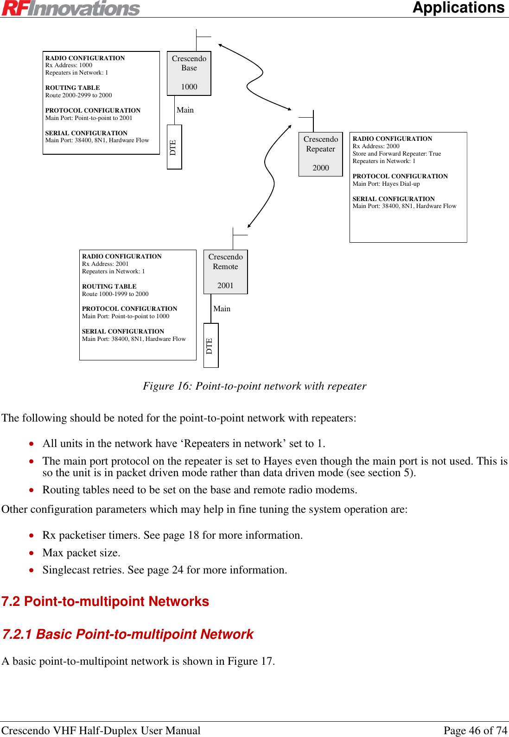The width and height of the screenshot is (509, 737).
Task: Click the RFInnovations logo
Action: click(x=70, y=8)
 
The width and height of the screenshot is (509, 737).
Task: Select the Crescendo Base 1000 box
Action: click(x=189, y=73)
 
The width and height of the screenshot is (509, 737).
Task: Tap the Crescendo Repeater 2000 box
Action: click(x=321, y=154)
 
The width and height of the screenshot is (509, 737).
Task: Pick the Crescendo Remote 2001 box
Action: click(x=226, y=271)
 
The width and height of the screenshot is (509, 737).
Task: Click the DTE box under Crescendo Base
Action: click(x=174, y=147)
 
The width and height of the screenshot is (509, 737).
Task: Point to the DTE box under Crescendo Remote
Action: click(x=211, y=345)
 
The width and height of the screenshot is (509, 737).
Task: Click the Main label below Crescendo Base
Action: click(x=185, y=110)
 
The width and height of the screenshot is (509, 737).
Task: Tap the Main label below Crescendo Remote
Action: click(x=222, y=309)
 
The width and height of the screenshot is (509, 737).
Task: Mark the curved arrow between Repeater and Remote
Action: click(x=269, y=176)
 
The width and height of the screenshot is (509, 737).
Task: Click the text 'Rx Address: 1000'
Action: click(x=69, y=65)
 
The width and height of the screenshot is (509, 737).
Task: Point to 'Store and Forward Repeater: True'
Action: click(x=396, y=154)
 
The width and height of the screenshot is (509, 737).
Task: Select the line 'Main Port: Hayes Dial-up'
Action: click(x=386, y=184)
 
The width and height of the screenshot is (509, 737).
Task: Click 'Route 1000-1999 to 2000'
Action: click(x=115, y=294)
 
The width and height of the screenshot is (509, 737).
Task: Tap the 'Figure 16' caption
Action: click(x=254, y=386)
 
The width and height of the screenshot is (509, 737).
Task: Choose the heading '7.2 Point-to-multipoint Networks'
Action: click(x=105, y=601)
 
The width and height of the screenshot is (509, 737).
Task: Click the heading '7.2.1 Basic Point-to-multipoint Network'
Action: click(x=128, y=634)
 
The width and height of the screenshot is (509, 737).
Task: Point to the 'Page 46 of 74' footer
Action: click(x=475, y=731)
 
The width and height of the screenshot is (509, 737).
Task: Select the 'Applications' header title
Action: click(x=458, y=8)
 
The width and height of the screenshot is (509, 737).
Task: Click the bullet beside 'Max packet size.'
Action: click(x=31, y=553)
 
